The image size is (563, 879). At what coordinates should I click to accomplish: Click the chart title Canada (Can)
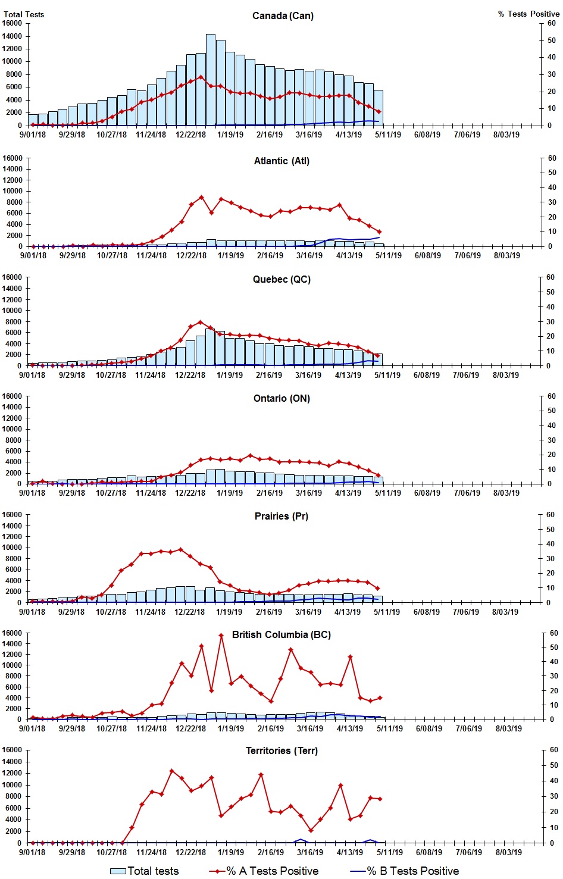coord(283,15)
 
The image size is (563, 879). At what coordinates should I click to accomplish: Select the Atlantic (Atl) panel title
coord(281,161)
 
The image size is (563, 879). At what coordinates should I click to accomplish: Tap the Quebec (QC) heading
coord(281,279)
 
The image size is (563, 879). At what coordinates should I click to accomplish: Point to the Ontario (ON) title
coord(281,398)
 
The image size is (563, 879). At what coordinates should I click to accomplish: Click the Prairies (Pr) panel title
coord(281,516)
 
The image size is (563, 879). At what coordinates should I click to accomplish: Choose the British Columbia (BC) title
coord(281,634)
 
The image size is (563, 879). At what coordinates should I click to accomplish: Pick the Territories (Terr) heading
coord(281,750)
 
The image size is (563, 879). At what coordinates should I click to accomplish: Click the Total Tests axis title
coord(24,14)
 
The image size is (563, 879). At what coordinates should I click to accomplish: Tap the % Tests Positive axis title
coord(528,14)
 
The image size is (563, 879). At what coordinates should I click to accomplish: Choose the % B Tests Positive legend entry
coord(405,871)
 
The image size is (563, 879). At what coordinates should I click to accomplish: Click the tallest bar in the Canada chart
coord(211,79)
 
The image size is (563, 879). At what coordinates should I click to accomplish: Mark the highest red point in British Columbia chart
coord(221,635)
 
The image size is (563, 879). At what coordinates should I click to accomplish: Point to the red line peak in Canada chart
coord(201,77)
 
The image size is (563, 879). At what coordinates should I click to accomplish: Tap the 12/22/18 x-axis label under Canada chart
coord(190,134)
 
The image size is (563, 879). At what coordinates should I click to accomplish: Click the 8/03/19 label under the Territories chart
coord(508,852)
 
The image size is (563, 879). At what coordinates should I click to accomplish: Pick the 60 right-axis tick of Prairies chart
coord(551,515)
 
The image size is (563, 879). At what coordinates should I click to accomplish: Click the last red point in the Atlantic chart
coord(379,232)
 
